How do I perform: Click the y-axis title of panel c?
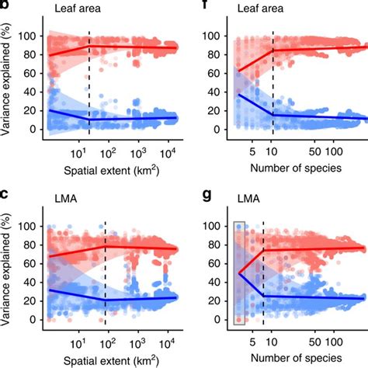(x=9, y=272)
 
